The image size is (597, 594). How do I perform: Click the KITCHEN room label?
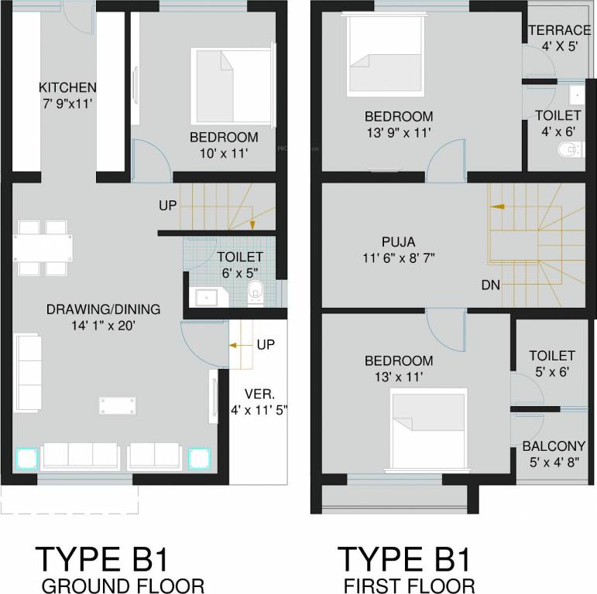[68, 87]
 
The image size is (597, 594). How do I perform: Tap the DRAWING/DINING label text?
[103, 309]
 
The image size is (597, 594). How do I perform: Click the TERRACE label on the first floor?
[559, 31]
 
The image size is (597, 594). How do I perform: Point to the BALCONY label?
[554, 446]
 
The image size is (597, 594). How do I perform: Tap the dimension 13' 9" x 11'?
[399, 133]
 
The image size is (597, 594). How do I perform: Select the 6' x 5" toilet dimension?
[239, 273]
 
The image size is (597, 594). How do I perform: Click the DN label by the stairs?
[490, 285]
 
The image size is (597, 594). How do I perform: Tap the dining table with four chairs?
[45, 247]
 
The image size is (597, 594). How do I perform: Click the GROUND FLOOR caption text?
[124, 585]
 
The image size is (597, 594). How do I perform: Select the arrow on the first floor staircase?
[496, 207]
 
